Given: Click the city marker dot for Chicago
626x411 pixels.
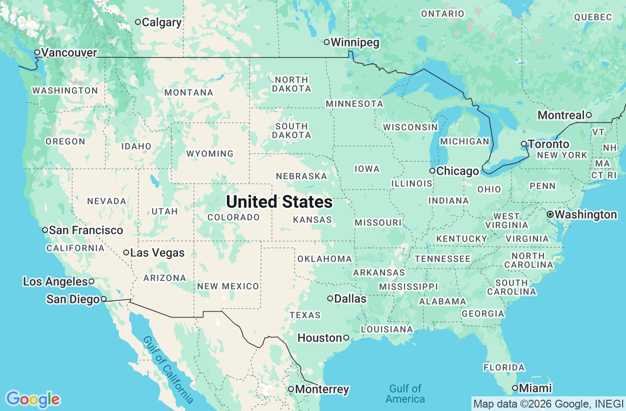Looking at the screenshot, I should [x=432, y=171].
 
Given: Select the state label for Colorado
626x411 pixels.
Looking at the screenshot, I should [x=233, y=217].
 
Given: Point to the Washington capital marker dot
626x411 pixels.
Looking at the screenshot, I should [x=550, y=214].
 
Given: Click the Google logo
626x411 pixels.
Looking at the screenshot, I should [x=33, y=399].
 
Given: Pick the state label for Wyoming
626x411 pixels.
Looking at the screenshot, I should [x=210, y=154].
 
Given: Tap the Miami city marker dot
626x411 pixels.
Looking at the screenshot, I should [x=515, y=388].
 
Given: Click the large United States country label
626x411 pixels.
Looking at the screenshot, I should [x=279, y=202].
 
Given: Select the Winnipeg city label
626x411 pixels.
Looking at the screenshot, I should [x=355, y=43].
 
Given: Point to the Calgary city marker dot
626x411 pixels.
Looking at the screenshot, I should [x=138, y=22].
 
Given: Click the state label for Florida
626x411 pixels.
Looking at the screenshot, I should [x=504, y=367].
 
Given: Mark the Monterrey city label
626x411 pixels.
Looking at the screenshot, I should [x=322, y=389].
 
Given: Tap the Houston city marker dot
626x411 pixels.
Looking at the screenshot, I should [x=346, y=338].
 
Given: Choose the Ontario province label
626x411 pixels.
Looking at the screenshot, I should [x=442, y=14].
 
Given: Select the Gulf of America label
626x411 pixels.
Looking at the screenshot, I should [x=405, y=393].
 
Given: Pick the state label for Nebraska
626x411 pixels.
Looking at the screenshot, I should [x=301, y=176].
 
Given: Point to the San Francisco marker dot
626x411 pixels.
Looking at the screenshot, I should [x=45, y=230].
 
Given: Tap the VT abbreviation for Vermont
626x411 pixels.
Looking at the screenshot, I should [x=598, y=132].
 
